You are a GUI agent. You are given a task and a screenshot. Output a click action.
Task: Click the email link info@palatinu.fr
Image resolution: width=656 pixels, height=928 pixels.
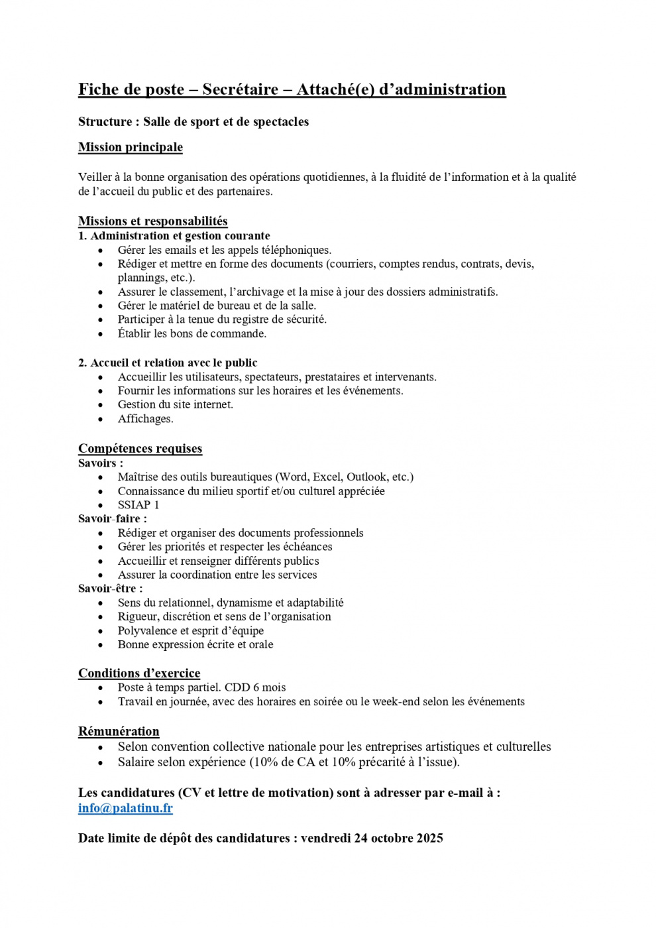pyautogui.click(x=125, y=808)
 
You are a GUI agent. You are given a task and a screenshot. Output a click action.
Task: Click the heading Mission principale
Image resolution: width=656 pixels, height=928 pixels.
pyautogui.click(x=131, y=147)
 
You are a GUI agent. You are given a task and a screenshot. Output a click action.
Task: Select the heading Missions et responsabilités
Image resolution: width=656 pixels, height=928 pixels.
pyautogui.click(x=152, y=221)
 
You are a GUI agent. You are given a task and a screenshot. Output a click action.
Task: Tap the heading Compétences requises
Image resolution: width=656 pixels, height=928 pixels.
pyautogui.click(x=140, y=449)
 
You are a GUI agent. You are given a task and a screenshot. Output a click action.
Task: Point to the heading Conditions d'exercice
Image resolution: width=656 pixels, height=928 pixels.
pyautogui.click(x=139, y=673)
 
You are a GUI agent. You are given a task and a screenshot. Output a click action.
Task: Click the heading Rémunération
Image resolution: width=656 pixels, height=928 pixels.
pyautogui.click(x=119, y=732)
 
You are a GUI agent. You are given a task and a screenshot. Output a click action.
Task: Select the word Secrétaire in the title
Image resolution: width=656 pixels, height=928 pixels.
pyautogui.click(x=241, y=89)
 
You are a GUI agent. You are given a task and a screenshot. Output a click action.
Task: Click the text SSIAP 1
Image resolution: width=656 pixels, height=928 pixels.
pyautogui.click(x=138, y=505)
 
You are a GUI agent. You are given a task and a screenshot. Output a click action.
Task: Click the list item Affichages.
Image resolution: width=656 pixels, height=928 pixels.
pyautogui.click(x=145, y=419)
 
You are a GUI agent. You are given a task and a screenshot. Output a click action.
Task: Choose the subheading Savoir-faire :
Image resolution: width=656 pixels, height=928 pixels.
pyautogui.click(x=113, y=519)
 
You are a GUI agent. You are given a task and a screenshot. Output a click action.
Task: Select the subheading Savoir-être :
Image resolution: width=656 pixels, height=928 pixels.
pyautogui.click(x=110, y=589)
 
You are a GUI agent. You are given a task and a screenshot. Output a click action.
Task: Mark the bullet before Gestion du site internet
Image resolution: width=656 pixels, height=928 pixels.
pyautogui.click(x=101, y=405)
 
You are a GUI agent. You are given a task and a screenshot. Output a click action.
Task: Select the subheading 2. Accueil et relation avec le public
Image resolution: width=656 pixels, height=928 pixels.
pyautogui.click(x=168, y=363)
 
